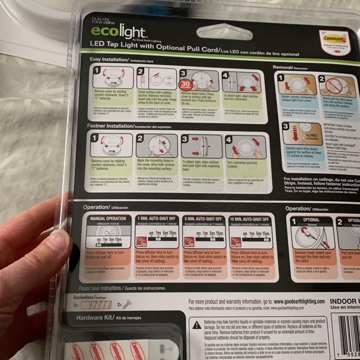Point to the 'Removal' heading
point(287,66)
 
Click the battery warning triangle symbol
point(197,324)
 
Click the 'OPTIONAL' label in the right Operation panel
point(310,220)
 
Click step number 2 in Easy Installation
point(140,73)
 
